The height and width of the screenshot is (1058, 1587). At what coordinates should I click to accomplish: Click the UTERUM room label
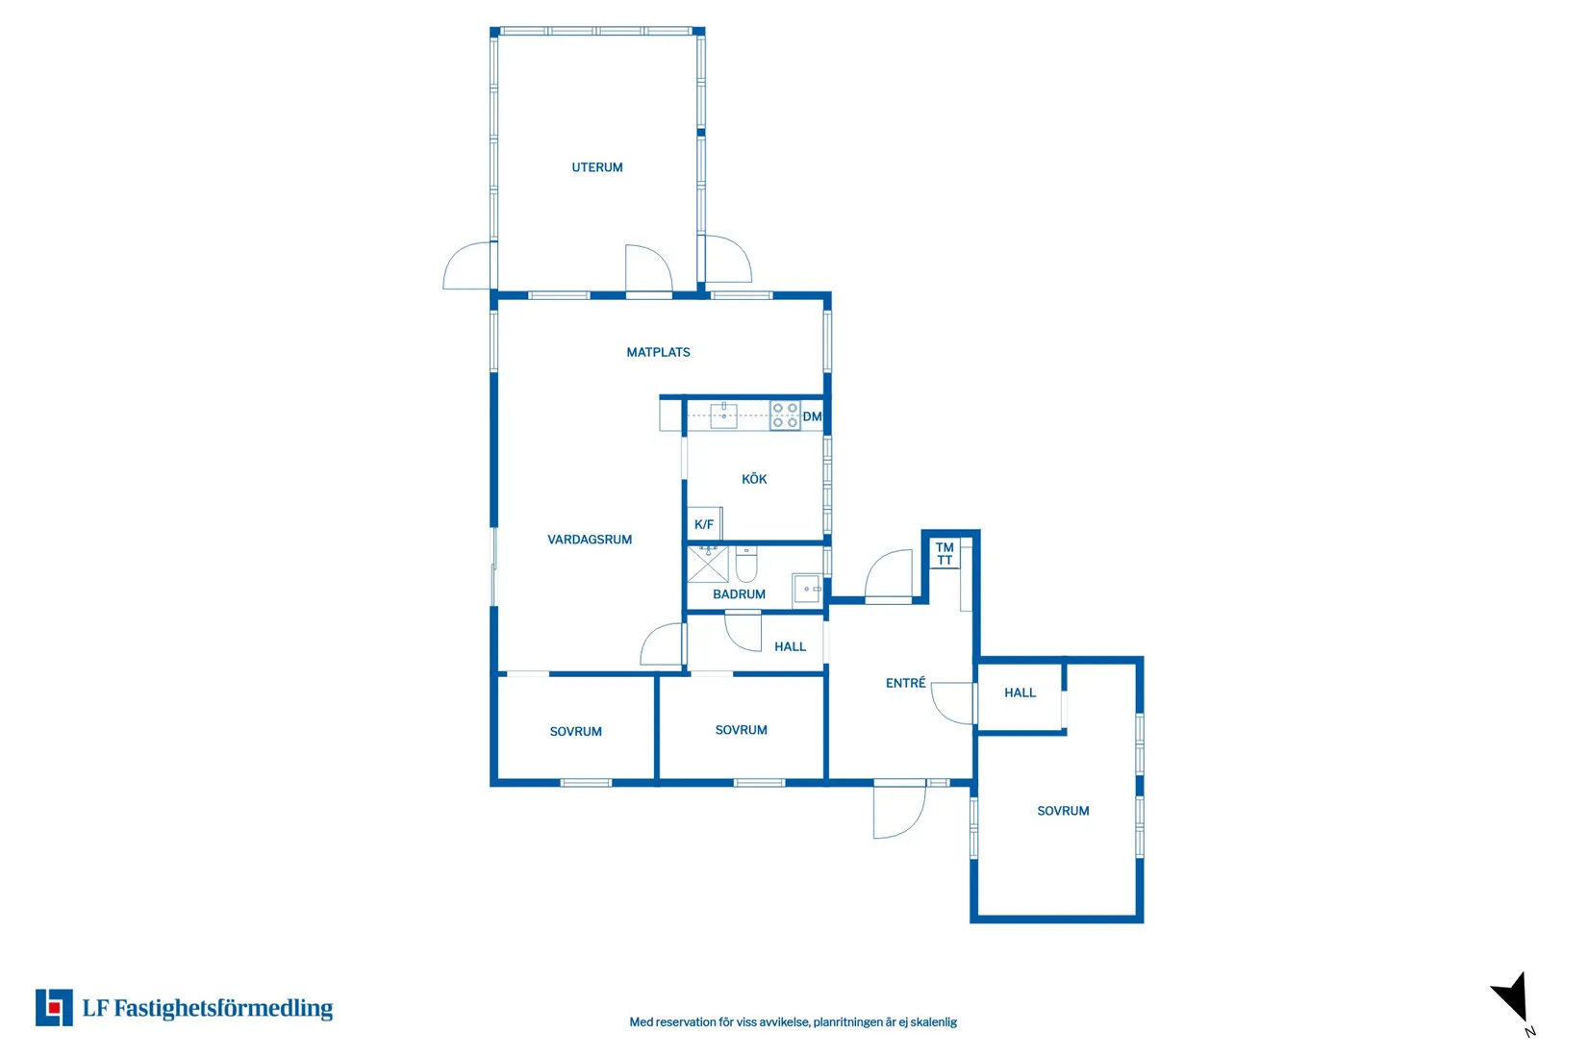pyautogui.click(x=597, y=167)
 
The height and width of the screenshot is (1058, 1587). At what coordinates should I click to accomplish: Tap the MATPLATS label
pyautogui.click(x=658, y=352)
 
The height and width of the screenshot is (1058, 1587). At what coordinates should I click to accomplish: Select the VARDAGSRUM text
pyautogui.click(x=590, y=540)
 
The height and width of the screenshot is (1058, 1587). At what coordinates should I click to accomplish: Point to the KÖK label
pyautogui.click(x=754, y=479)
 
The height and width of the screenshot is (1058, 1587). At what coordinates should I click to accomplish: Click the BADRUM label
pyautogui.click(x=739, y=593)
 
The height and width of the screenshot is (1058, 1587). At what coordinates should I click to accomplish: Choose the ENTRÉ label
pyautogui.click(x=905, y=683)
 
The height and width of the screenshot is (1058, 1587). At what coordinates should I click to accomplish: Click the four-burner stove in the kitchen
pyautogui.click(x=785, y=416)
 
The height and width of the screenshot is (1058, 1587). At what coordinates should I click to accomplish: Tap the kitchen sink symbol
pyautogui.click(x=723, y=416)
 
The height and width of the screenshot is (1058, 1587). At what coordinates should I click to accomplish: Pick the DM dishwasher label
pyautogui.click(x=812, y=416)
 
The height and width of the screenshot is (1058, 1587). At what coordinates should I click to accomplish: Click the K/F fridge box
pyautogui.click(x=704, y=523)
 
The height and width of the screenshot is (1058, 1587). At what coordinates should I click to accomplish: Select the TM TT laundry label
pyautogui.click(x=945, y=553)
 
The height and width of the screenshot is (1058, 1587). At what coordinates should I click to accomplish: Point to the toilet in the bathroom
pyautogui.click(x=746, y=564)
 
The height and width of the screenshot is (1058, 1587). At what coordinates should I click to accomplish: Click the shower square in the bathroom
pyautogui.click(x=708, y=564)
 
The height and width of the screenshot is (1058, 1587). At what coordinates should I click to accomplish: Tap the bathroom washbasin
pyautogui.click(x=806, y=589)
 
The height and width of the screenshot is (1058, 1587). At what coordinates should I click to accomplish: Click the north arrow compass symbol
pyautogui.click(x=1512, y=997)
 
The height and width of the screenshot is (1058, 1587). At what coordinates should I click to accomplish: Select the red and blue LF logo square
pyautogui.click(x=54, y=1007)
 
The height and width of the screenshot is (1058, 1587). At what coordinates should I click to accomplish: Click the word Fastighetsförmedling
pyautogui.click(x=223, y=1008)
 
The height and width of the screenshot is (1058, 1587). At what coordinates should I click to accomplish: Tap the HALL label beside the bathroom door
pyautogui.click(x=790, y=646)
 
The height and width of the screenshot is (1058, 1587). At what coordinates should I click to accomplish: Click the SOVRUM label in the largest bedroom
pyautogui.click(x=1063, y=811)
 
